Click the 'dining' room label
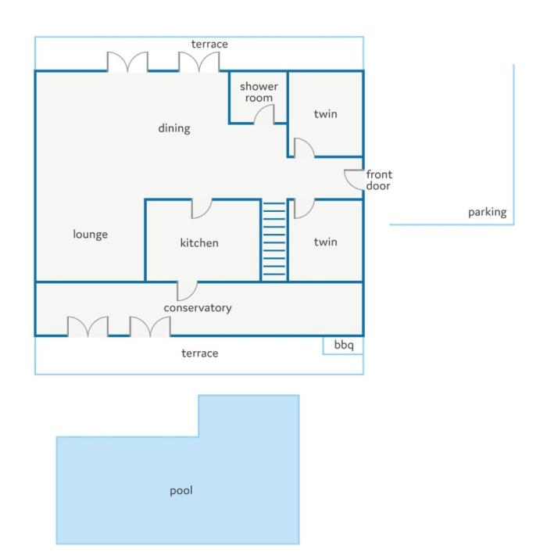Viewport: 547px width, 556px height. (174, 129)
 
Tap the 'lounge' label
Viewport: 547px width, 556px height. (91, 235)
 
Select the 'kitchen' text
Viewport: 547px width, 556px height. (199, 243)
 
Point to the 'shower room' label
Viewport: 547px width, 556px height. (259, 91)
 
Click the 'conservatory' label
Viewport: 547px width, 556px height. (198, 308)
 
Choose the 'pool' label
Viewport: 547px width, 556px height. (181, 491)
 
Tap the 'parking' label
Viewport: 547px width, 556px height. (488, 213)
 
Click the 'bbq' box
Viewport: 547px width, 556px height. (343, 345)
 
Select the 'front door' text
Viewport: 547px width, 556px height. (379, 180)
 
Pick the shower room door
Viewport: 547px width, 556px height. (263, 114)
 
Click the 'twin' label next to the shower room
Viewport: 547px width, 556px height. (325, 114)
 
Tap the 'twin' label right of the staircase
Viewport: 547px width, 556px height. (325, 242)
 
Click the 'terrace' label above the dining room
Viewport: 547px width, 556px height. (209, 45)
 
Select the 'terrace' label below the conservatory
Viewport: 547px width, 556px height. (200, 353)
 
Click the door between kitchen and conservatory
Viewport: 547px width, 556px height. (187, 291)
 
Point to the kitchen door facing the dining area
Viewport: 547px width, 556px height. (202, 209)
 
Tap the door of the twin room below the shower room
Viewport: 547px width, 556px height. (304, 147)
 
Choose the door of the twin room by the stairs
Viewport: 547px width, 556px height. (304, 209)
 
